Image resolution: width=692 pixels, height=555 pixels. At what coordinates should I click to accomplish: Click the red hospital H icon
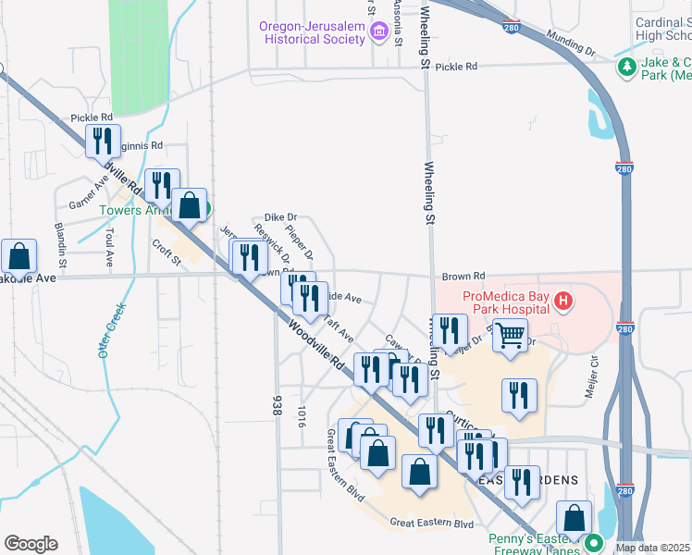click(x=562, y=302)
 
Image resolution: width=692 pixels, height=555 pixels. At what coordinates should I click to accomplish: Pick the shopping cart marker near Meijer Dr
click(x=510, y=336)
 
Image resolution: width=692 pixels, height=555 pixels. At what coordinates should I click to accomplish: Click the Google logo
click(x=31, y=543)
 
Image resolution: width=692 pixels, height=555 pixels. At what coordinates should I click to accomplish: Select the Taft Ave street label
click(x=339, y=327)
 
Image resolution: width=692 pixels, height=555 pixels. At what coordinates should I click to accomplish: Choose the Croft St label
click(x=167, y=253)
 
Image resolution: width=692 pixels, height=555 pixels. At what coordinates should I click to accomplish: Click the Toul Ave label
click(x=108, y=246)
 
